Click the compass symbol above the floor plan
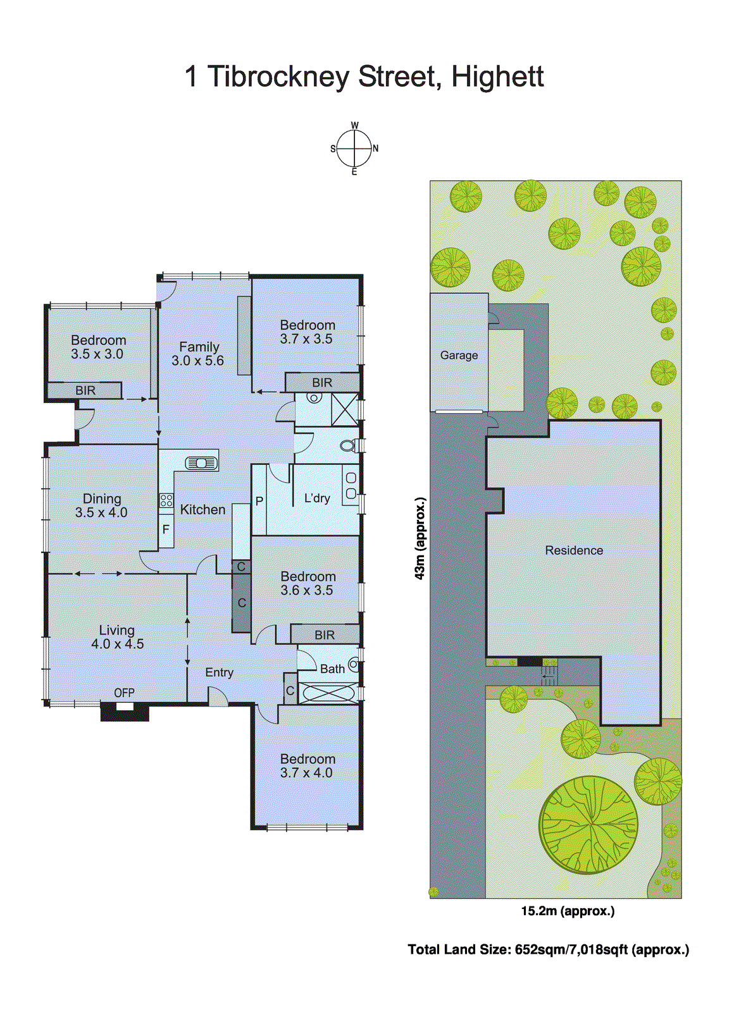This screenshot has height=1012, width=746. pos(354,149)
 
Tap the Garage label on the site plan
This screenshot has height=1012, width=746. pos(459,355)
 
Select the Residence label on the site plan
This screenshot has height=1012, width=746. pos(574,550)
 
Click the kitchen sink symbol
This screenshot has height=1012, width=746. pos(201,463)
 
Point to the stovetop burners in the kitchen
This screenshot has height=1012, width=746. pos(166,500)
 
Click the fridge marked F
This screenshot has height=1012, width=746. pos(166,529)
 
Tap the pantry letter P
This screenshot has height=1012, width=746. pos(259,501)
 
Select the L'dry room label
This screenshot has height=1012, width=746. pos(317,498)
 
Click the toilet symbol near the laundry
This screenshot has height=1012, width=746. pos(347,446)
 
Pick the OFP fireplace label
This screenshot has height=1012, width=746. pos(124,693)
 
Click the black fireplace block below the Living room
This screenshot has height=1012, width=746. pos(125,713)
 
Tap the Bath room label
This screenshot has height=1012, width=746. pos(332,669)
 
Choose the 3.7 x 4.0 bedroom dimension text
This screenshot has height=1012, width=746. pos(306,773)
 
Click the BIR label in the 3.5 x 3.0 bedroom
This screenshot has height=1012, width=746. pos(85,391)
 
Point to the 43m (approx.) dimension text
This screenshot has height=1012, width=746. pos(420,538)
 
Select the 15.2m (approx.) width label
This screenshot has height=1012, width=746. pos(568,911)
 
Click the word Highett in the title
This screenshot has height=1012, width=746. pos(497,77)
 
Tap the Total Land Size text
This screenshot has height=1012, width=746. pos(548,949)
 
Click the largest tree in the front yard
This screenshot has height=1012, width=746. pos(588,825)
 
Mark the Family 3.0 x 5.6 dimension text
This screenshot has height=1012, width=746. pos(197,361)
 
